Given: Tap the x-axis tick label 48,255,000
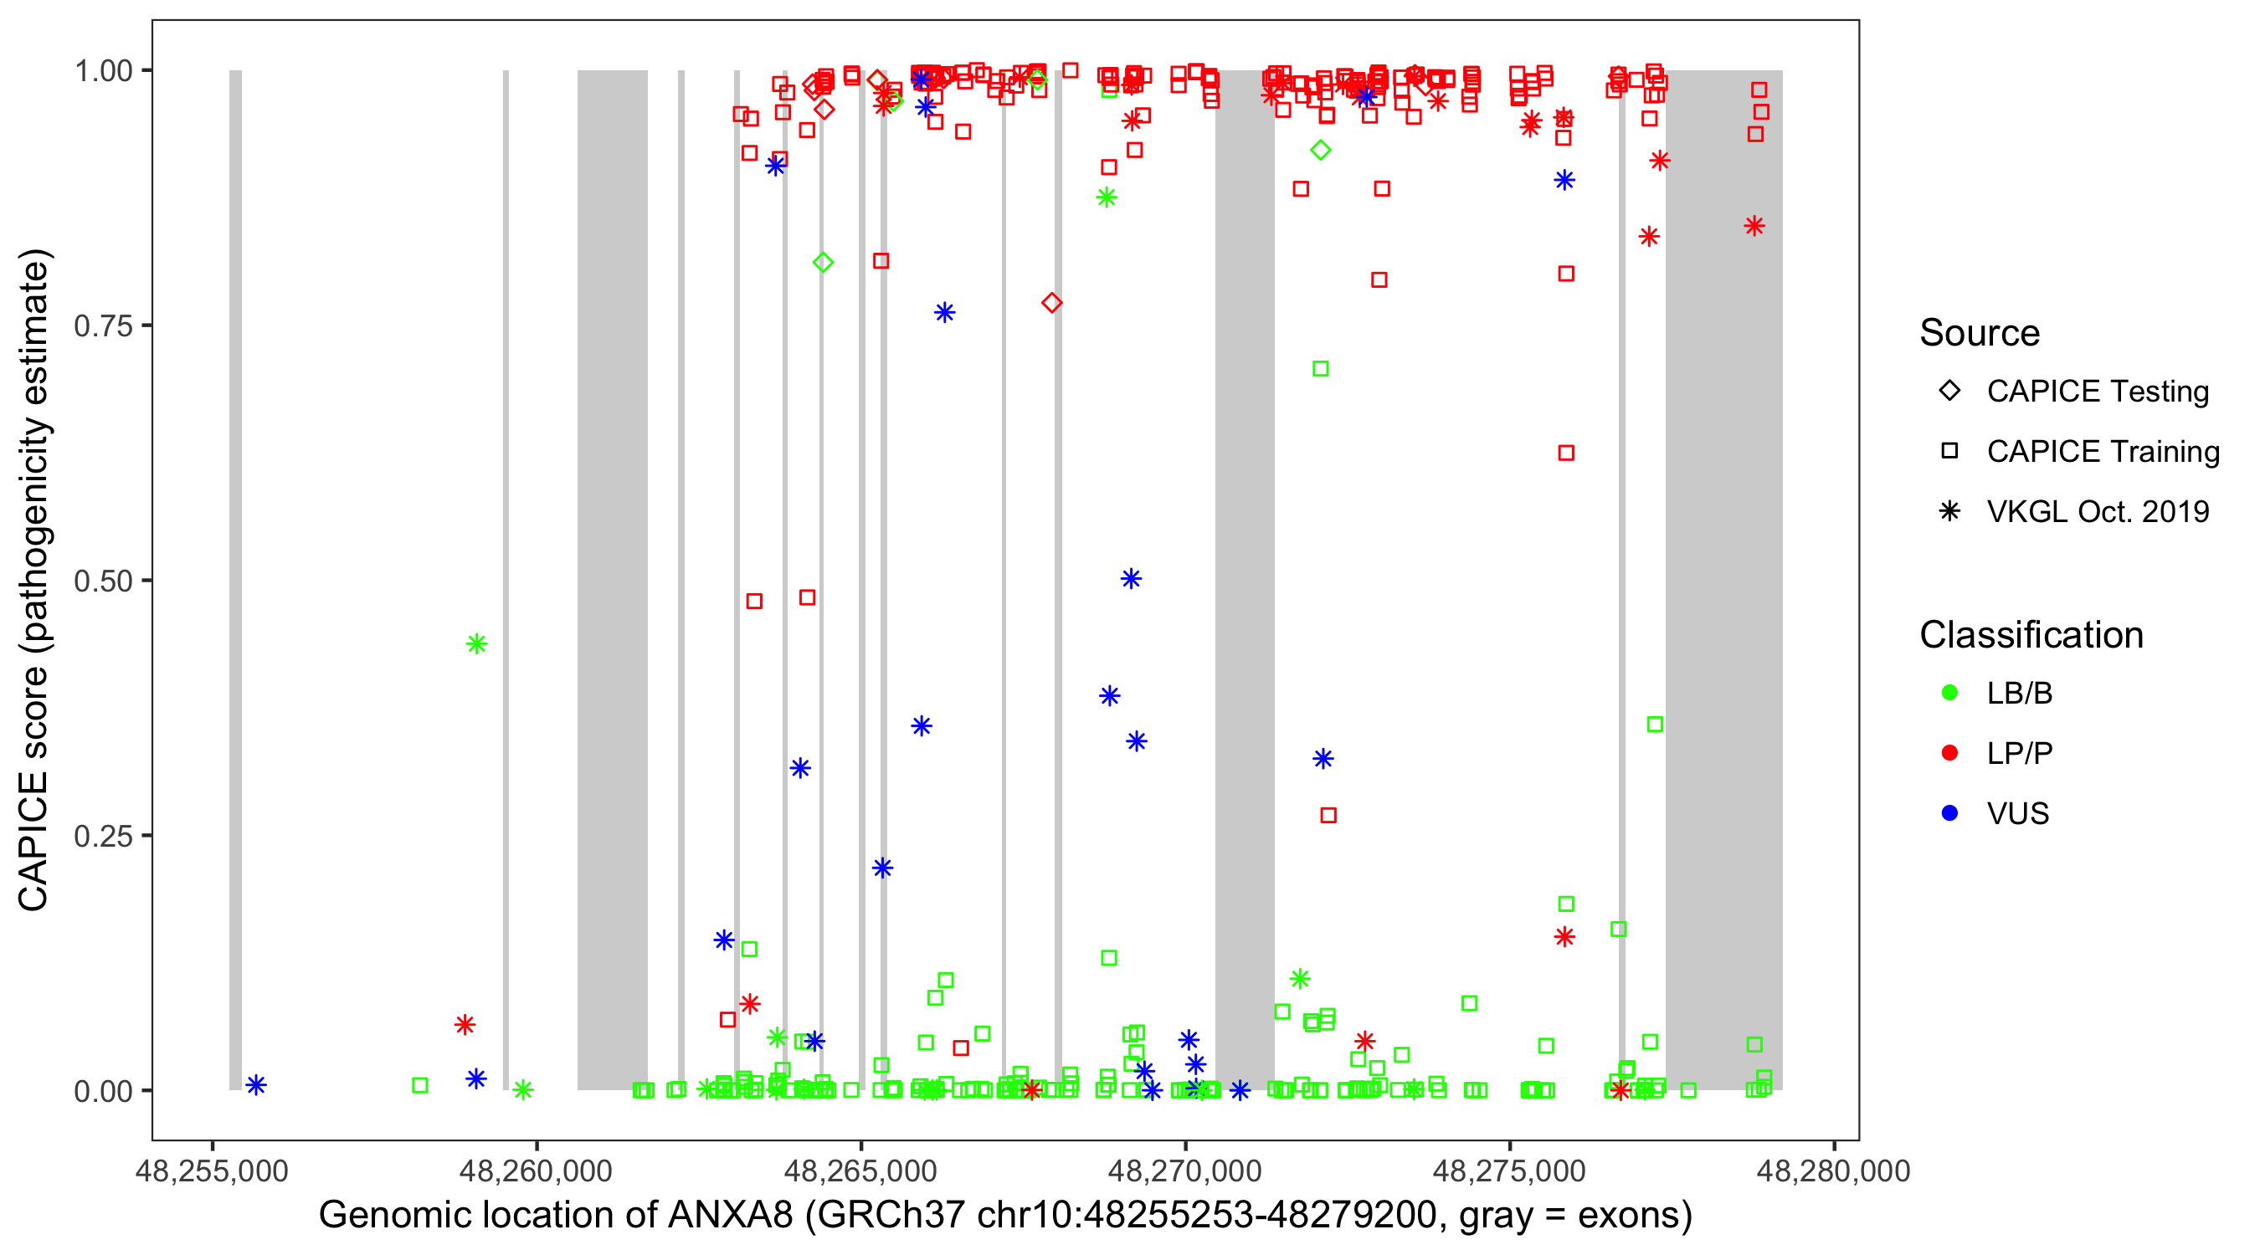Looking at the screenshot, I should (212, 1170).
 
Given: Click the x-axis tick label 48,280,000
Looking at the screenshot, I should (1833, 1170).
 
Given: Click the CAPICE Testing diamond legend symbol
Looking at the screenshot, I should (1949, 390).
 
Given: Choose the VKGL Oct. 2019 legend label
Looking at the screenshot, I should (2098, 511).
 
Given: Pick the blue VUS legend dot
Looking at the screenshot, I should (1949, 813).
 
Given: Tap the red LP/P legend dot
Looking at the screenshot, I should (1949, 753).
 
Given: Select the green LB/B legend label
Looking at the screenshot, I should (2019, 693).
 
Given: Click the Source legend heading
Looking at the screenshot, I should (1980, 333).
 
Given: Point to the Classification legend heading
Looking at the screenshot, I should (2031, 635).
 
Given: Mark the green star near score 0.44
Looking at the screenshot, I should (476, 644).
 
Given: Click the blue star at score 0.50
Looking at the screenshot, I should (1131, 579).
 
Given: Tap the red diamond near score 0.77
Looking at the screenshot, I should (1052, 303).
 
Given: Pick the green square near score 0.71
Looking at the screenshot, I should (1320, 368).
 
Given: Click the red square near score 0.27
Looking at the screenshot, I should (1328, 816).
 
